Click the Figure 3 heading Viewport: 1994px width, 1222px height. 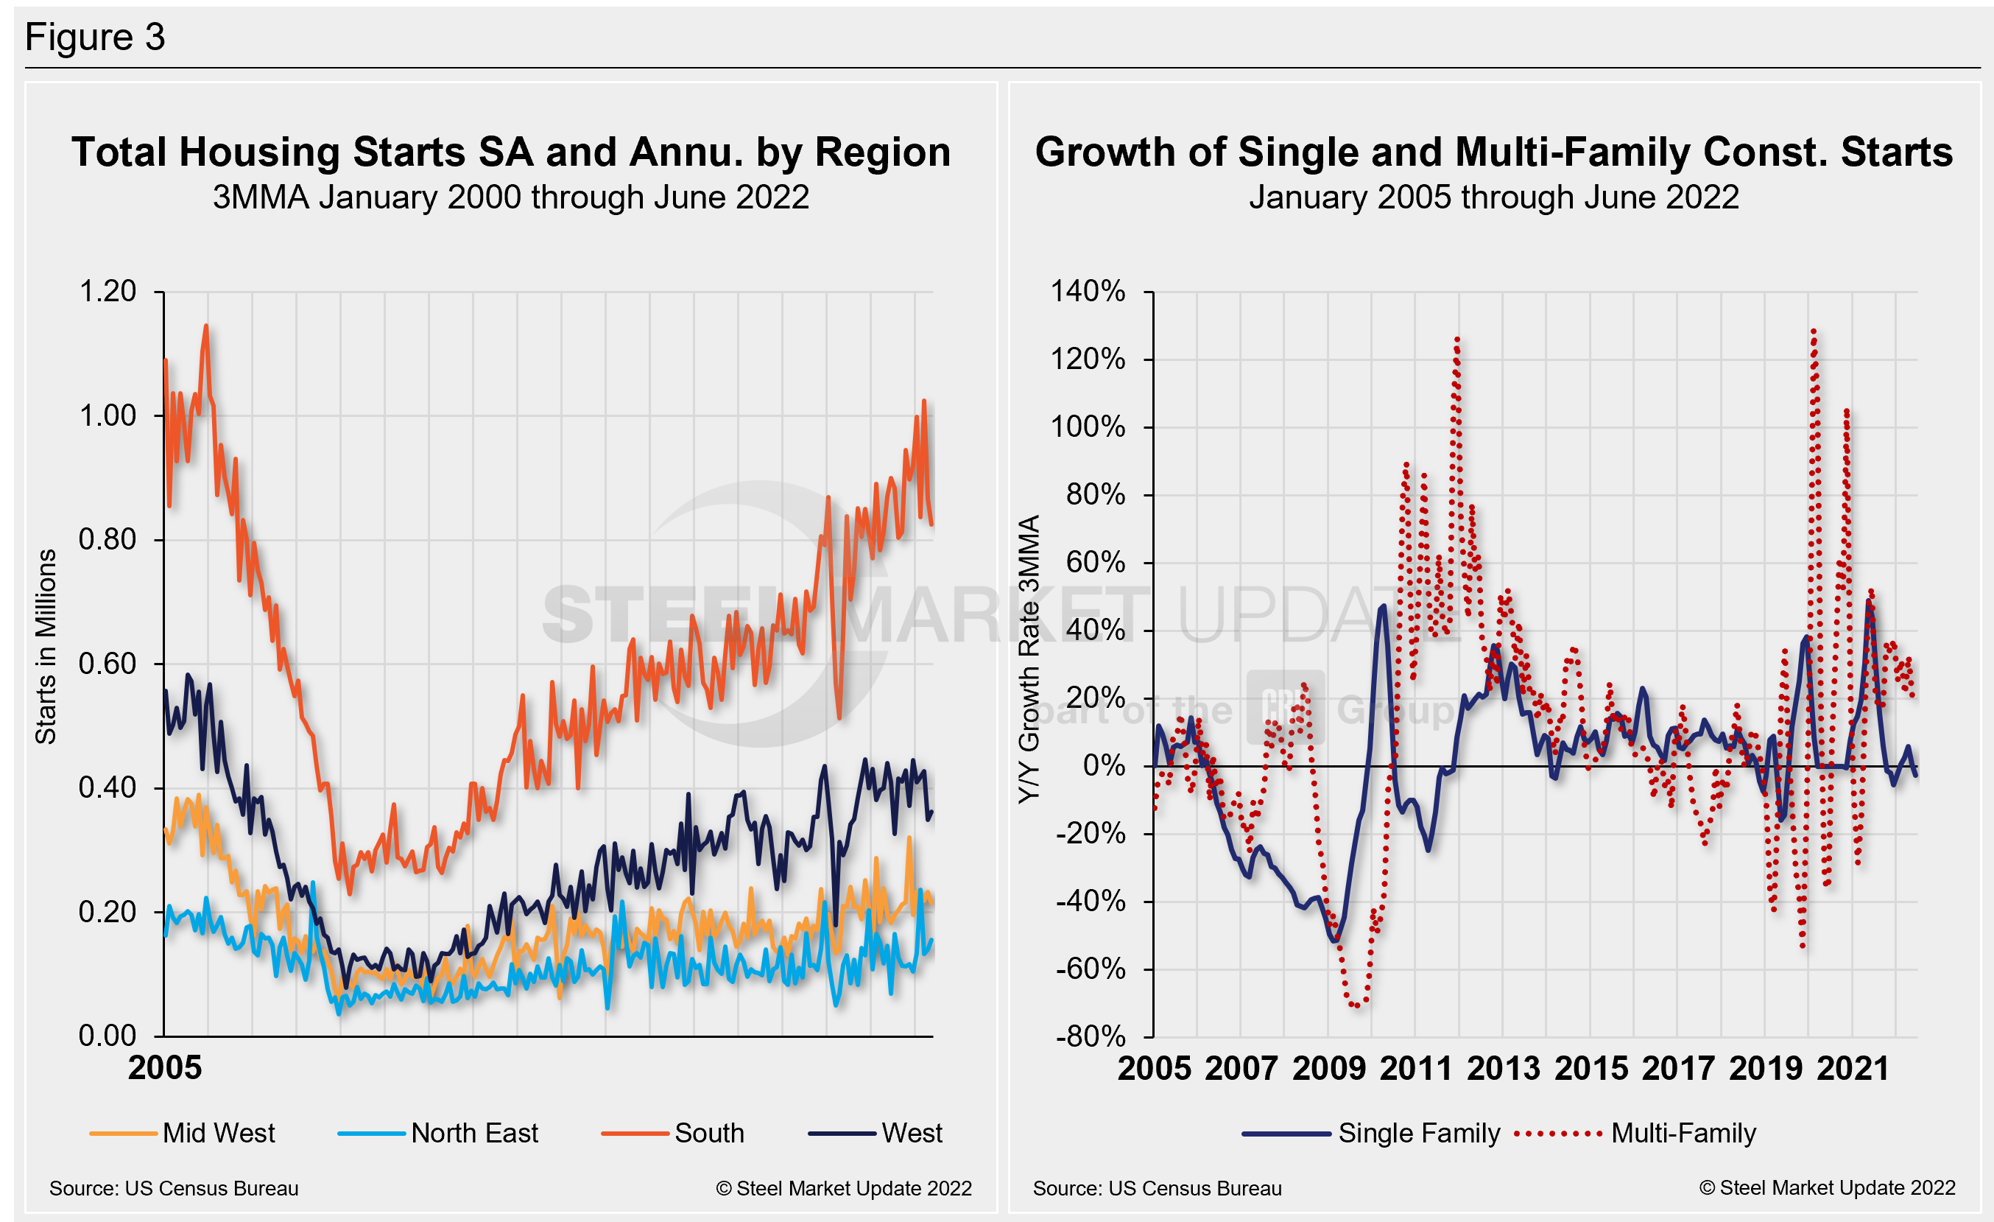(x=95, y=38)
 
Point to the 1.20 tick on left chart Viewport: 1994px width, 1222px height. (x=108, y=292)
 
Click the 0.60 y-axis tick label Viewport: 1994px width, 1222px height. (x=108, y=664)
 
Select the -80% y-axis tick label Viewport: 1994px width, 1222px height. (x=1090, y=1036)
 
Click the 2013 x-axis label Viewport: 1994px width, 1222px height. (x=1503, y=1069)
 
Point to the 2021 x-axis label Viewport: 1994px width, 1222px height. (x=1853, y=1069)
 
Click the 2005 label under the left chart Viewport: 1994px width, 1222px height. (x=164, y=1068)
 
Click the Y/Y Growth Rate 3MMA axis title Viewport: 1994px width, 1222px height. (x=1028, y=659)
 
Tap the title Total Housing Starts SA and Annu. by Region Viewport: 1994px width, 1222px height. (x=510, y=152)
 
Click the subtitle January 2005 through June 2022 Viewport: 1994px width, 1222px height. (x=1493, y=197)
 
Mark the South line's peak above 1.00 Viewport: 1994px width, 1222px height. (x=205, y=326)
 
